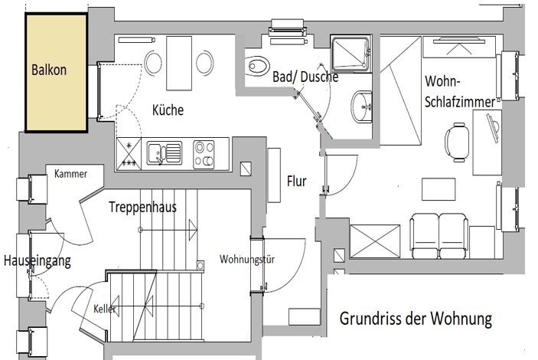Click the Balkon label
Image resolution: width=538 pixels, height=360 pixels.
49,70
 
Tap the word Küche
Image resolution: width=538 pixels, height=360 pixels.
168,110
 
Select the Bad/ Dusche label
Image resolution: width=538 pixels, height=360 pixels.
305,77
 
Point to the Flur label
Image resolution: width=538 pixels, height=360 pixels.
296,182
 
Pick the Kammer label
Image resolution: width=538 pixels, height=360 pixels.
70,174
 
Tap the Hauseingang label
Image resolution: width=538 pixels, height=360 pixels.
36,261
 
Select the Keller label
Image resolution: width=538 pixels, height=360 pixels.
105,309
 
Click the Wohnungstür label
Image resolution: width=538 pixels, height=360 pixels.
247,259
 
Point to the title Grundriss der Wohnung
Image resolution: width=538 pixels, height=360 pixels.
415,317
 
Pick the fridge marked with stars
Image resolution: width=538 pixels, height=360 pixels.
127,152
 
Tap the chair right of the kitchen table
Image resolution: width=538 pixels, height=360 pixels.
204,61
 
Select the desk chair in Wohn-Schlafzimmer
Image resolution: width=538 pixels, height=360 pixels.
457,142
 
